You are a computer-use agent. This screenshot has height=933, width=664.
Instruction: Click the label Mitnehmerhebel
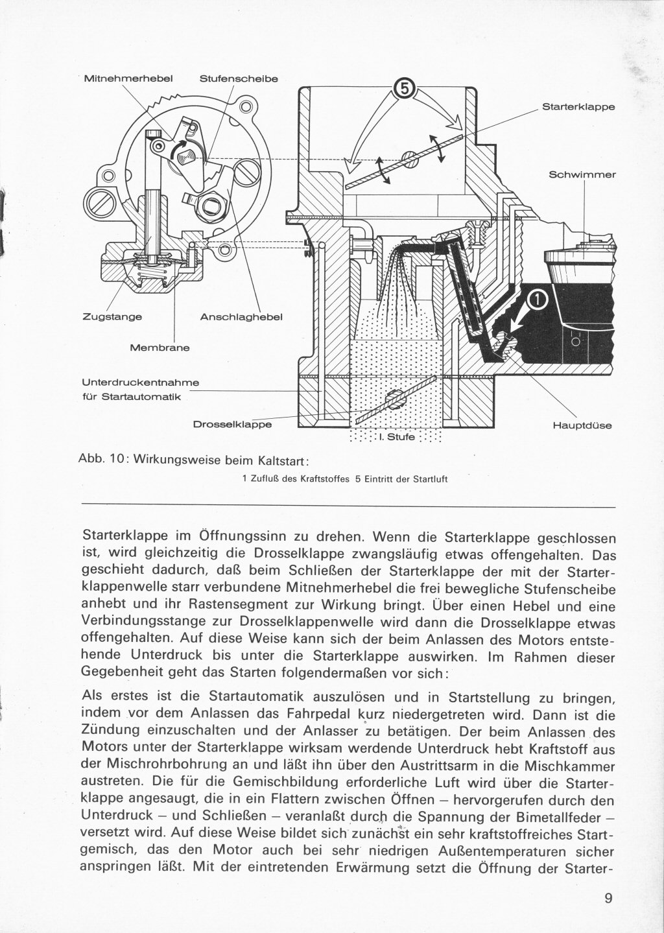click(128, 78)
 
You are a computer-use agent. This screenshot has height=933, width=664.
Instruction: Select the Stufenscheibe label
click(239, 78)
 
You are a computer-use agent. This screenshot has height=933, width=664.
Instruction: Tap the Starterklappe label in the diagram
click(578, 107)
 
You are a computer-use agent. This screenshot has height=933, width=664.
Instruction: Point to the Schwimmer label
click(582, 175)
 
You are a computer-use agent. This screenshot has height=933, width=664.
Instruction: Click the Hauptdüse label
click(582, 426)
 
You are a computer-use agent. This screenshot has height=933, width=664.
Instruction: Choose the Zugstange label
click(112, 317)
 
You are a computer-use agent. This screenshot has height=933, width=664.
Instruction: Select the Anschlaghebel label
click(241, 317)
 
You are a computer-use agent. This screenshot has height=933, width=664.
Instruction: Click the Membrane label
click(160, 348)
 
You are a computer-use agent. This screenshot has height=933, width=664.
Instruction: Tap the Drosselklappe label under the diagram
click(232, 425)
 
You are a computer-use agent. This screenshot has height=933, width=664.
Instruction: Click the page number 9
click(609, 898)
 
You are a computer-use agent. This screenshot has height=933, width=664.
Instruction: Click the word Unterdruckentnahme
click(140, 383)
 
